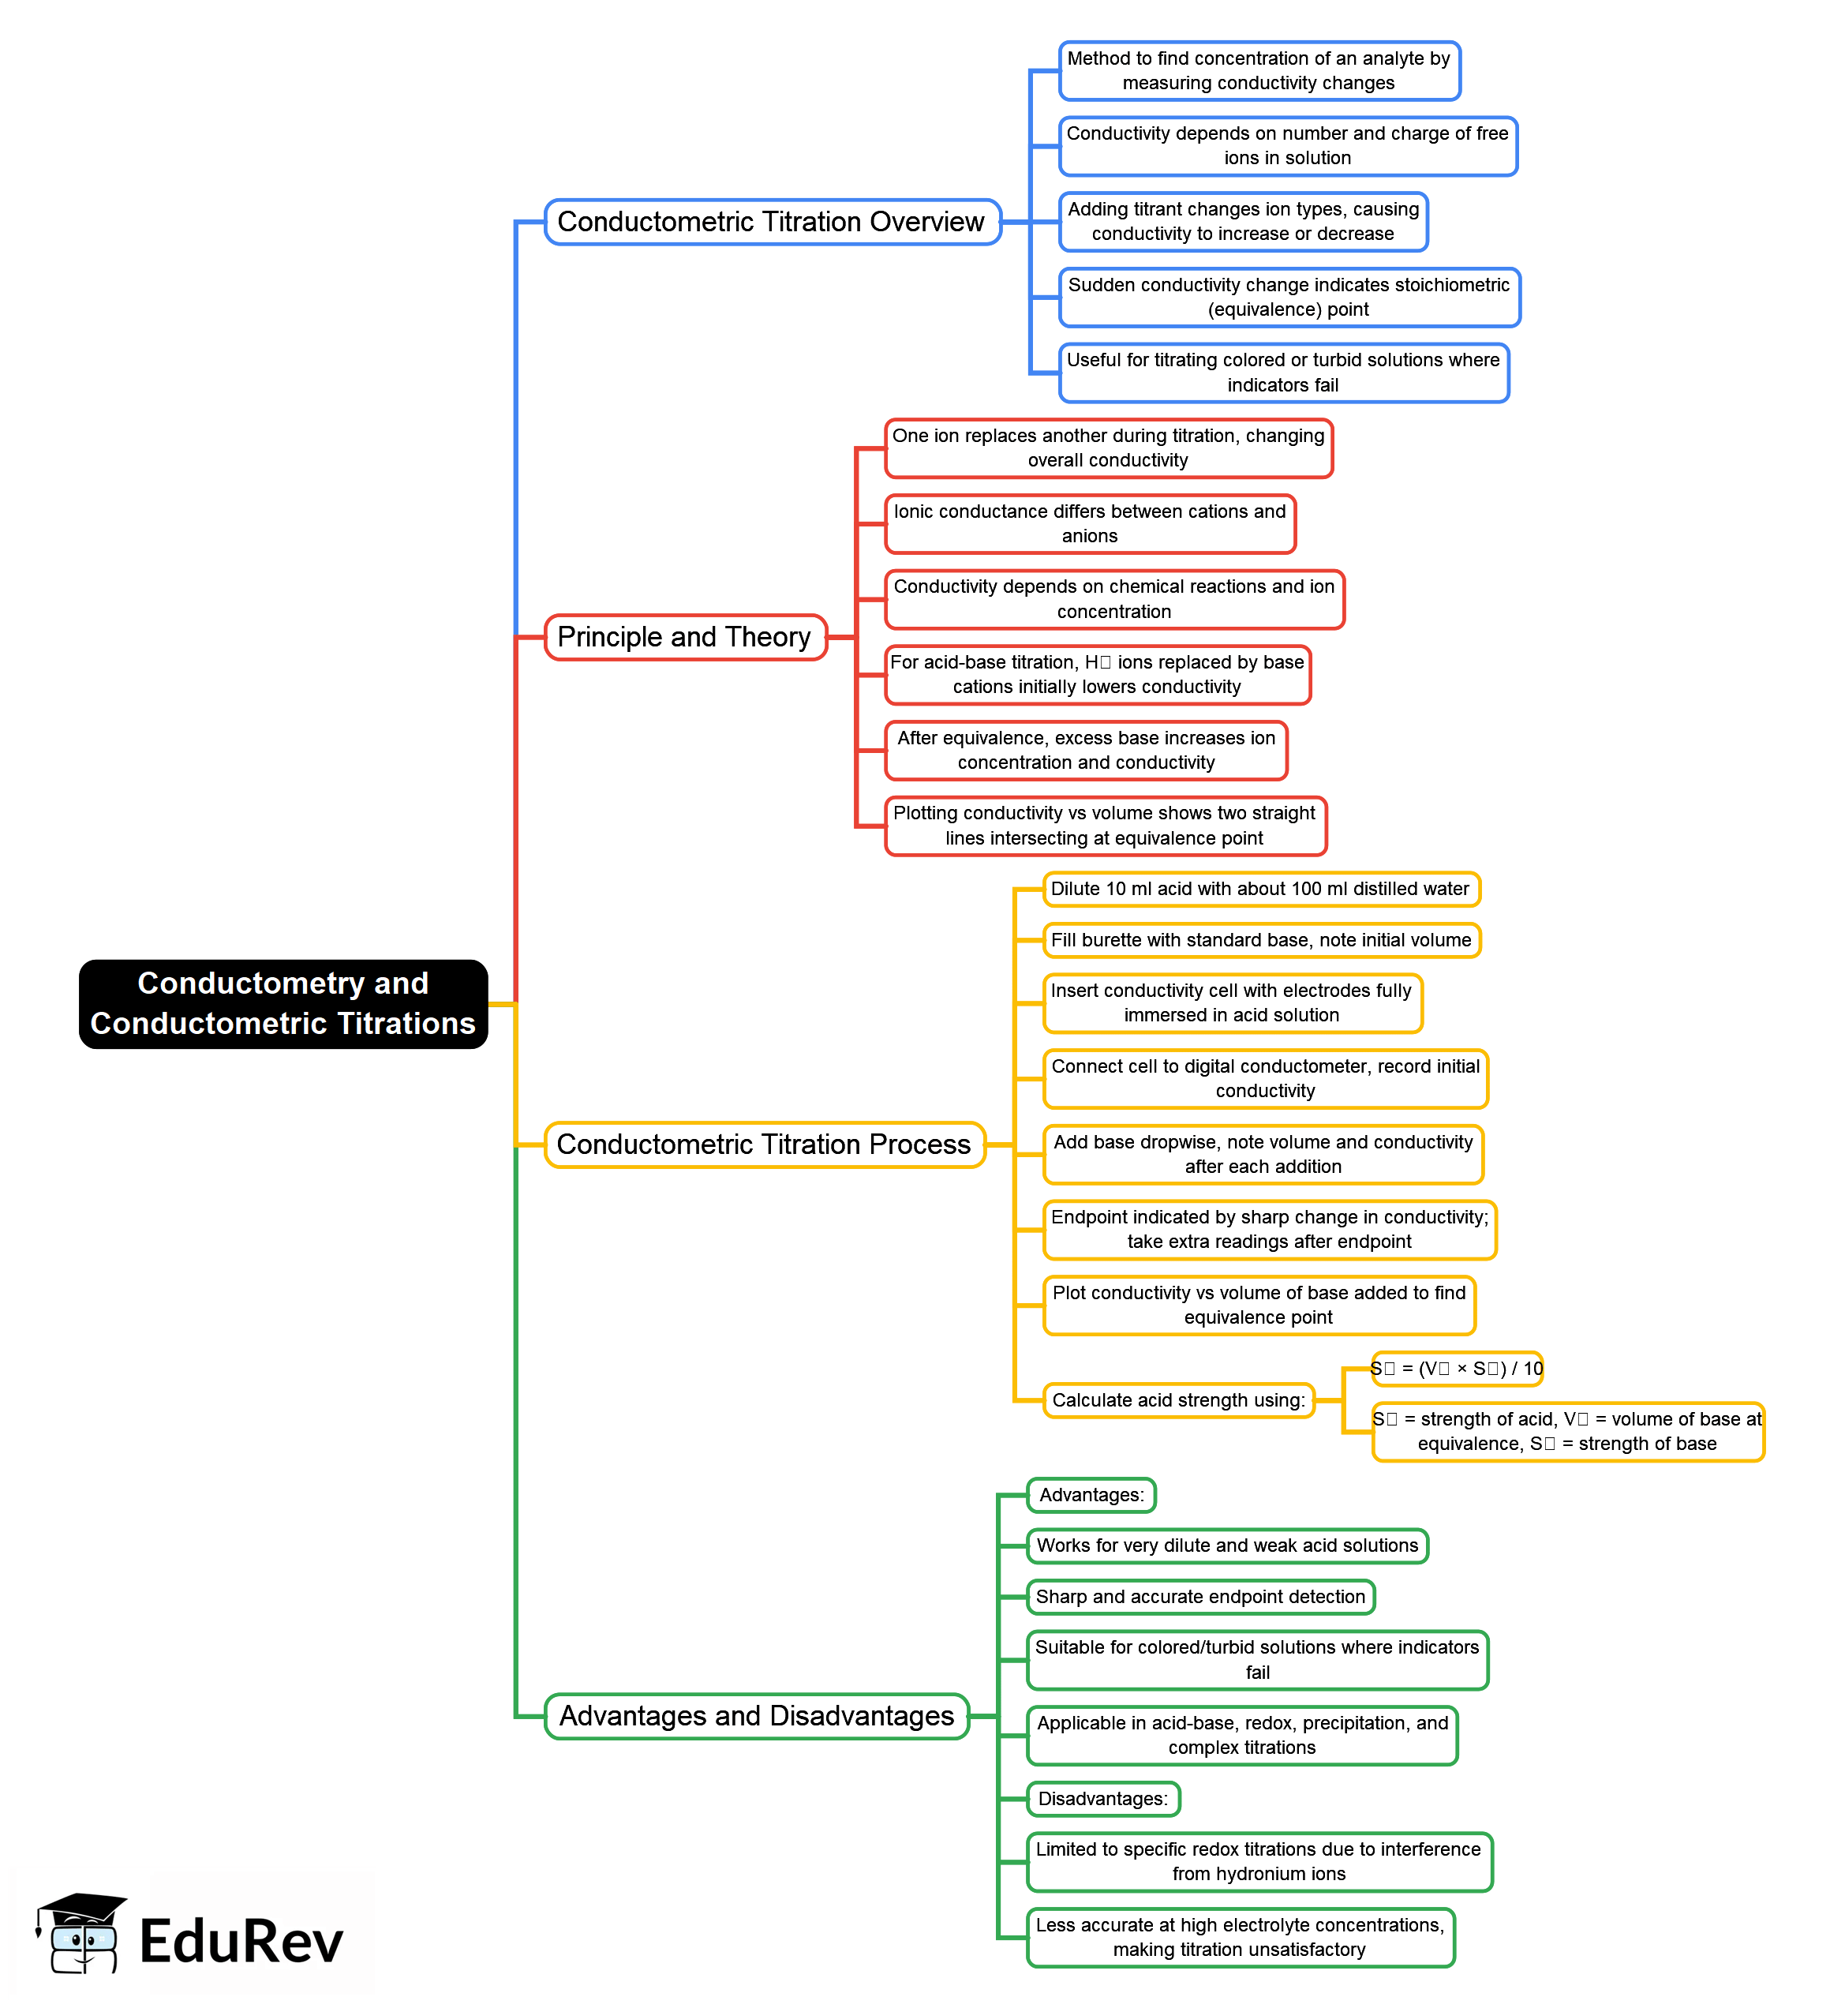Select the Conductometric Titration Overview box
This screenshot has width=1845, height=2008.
click(772, 222)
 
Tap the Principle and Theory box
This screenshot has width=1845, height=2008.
click(685, 637)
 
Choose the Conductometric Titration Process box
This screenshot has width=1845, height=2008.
click(764, 1144)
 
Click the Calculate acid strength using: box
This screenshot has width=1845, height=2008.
click(1178, 1400)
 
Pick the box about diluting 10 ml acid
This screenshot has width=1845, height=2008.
click(1260, 889)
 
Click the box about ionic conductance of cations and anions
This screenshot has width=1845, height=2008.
click(1091, 523)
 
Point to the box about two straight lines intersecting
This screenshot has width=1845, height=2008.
click(1106, 826)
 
